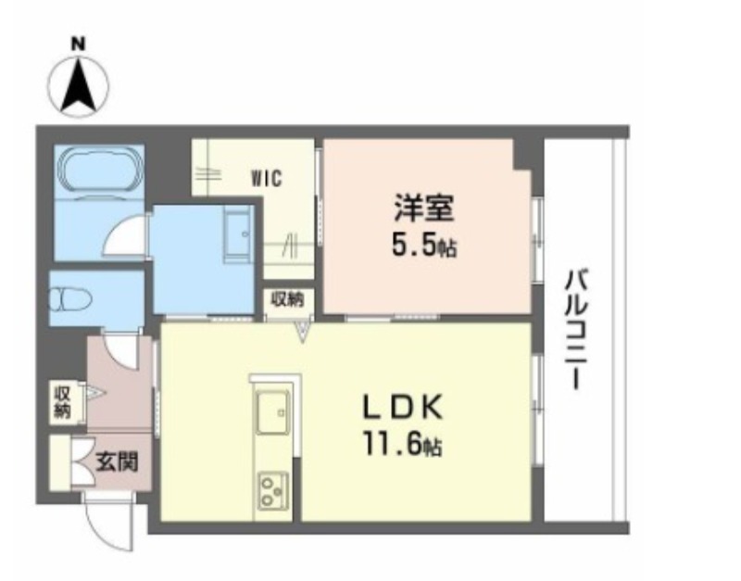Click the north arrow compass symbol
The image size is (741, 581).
point(79,87)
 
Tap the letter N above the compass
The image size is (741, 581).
point(78,44)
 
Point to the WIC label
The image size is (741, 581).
point(267,179)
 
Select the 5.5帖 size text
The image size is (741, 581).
point(424,246)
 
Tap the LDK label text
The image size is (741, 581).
point(402,407)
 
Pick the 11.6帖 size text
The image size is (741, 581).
point(402,445)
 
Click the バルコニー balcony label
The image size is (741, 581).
point(576,330)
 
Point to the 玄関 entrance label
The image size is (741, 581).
point(118,461)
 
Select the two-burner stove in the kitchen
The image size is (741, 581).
point(273,491)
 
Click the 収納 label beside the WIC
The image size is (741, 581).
point(287,299)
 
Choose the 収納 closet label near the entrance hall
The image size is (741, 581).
point(62,402)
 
